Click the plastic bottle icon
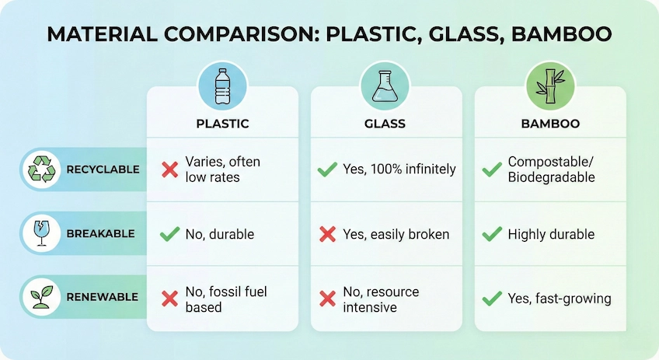click(222, 86)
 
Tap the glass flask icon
click(385, 86)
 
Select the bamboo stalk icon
click(550, 86)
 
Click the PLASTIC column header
click(222, 124)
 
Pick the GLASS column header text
click(385, 124)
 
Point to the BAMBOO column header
click(550, 124)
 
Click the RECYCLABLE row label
click(103, 170)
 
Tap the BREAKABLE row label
click(101, 233)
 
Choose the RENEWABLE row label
click(102, 297)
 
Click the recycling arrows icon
click(40, 170)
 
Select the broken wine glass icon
click(40, 233)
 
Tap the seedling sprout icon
click(40, 297)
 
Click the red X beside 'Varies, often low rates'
click(169, 170)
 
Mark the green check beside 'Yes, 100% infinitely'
click(327, 170)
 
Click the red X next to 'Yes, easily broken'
click(327, 234)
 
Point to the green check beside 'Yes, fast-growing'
click(491, 299)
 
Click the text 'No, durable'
click(219, 234)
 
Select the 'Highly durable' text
click(551, 234)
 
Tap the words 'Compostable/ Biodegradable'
click(551, 170)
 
